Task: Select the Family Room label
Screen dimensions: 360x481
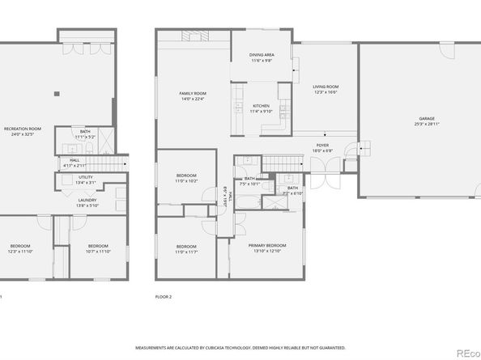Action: [193, 96]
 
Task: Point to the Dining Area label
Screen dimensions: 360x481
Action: [262, 57]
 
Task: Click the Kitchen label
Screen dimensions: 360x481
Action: [261, 109]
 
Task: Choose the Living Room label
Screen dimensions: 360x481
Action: [326, 89]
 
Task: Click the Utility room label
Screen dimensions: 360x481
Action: [86, 180]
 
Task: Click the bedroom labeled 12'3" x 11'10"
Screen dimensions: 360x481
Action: [20, 248]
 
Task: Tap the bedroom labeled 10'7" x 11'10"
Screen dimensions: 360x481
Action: [98, 248]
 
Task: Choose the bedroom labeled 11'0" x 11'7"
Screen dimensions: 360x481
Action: [186, 248]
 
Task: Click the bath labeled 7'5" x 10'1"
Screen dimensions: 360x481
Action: [249, 180]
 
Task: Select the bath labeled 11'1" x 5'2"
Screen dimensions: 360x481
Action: [85, 133]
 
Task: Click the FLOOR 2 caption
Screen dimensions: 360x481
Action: [164, 297]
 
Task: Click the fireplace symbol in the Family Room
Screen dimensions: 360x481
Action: [193, 36]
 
